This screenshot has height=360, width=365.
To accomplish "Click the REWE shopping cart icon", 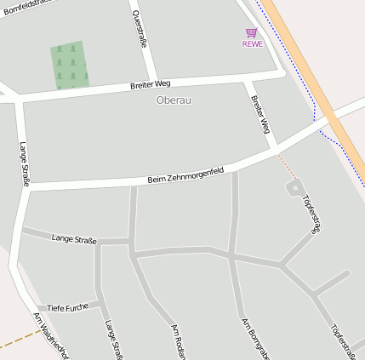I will click(251, 32).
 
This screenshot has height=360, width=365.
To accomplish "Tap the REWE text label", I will click(252, 43).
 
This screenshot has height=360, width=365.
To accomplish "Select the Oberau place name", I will click(174, 100).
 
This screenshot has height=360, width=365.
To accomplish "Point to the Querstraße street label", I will click(138, 31).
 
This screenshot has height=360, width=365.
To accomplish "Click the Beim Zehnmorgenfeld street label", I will click(185, 175).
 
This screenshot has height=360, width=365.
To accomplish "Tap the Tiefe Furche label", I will click(68, 306).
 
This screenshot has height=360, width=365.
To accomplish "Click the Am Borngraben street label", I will click(254, 338).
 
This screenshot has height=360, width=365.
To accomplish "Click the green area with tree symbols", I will click(70, 66).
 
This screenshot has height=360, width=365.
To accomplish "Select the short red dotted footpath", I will click(287, 167).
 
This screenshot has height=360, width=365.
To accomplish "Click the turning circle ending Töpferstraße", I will click(294, 186).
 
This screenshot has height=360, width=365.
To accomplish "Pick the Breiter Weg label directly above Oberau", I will click(151, 84).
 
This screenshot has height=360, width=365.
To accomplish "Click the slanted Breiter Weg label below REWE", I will click(260, 114).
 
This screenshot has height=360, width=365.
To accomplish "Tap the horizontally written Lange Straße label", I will click(74, 238).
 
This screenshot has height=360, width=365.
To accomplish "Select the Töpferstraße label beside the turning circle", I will click(312, 214).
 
